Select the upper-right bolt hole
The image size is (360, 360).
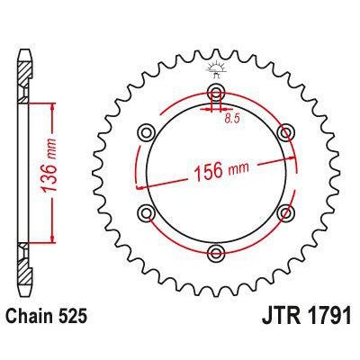285,133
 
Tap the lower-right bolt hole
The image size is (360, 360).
285,211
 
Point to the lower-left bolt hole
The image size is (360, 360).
144,211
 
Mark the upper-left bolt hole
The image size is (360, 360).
144,133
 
